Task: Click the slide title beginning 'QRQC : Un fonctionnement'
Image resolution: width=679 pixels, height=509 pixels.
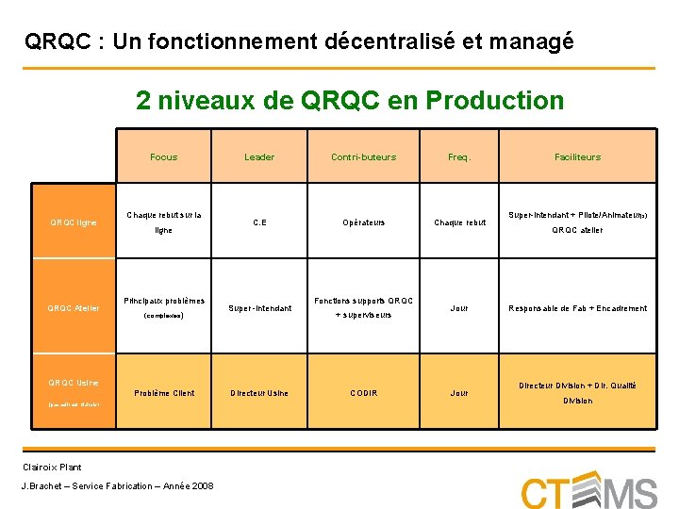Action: (x=298, y=41)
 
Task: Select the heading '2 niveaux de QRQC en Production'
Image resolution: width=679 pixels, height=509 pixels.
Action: (x=349, y=100)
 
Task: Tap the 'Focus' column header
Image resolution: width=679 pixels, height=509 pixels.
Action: (x=163, y=156)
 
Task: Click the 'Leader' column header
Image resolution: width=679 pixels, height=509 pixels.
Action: (x=259, y=156)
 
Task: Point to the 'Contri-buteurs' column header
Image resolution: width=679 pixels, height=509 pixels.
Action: (x=363, y=156)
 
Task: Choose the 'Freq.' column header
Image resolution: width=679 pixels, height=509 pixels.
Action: (x=459, y=156)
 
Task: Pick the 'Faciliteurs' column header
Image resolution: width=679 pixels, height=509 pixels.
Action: (x=578, y=156)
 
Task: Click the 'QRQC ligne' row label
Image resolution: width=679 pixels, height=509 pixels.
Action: (x=74, y=222)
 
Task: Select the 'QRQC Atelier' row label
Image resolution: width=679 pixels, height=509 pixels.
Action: (x=74, y=308)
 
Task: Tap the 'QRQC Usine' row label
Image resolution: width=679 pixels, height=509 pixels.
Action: (x=74, y=383)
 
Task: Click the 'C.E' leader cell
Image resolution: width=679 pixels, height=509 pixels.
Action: (x=259, y=222)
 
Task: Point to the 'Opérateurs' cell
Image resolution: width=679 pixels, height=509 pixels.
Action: (x=363, y=222)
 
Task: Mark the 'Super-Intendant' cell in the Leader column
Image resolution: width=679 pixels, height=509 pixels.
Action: (x=259, y=308)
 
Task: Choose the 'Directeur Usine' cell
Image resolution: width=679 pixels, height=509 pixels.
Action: (x=259, y=393)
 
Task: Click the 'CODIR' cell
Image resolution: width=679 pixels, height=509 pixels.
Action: (x=363, y=393)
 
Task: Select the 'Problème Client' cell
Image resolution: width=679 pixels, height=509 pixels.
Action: (x=163, y=393)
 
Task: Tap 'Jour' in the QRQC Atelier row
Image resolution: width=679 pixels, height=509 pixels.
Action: (x=459, y=308)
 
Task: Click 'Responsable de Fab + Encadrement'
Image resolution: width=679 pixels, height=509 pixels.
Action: (x=578, y=308)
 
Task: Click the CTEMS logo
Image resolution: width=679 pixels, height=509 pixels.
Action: (x=588, y=490)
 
